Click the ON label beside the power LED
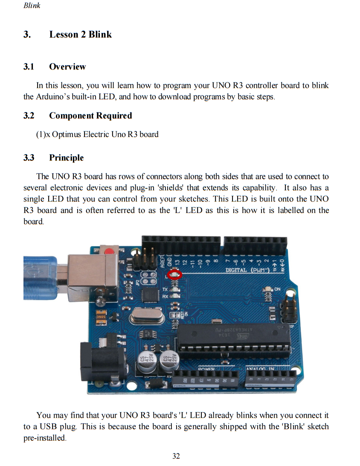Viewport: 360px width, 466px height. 277,289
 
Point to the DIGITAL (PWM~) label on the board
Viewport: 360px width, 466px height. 247,270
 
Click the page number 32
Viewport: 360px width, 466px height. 176,456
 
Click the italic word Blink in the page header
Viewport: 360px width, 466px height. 32,6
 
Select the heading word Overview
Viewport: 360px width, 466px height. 67,67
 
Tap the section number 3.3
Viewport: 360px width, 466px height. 29,158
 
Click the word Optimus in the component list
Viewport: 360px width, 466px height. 67,134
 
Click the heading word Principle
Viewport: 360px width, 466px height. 66,158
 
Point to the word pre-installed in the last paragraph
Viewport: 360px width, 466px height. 44,438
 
